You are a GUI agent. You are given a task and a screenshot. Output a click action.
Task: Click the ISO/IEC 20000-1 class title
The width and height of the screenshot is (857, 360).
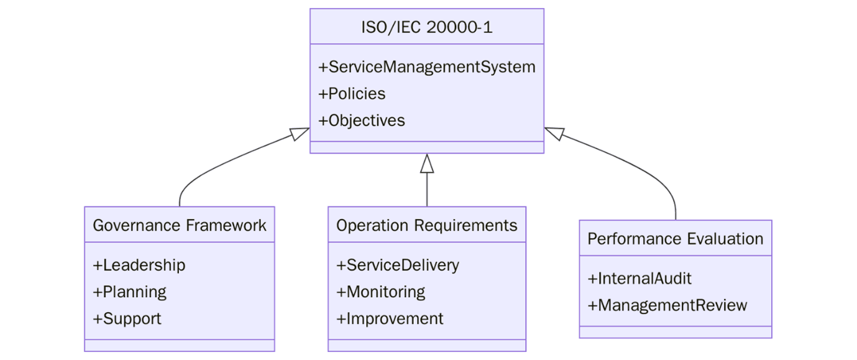(x=426, y=27)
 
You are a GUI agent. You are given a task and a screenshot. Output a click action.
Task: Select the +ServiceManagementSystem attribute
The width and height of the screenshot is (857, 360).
(x=426, y=67)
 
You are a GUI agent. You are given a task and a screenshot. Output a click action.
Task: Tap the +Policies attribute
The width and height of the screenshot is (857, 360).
(x=352, y=94)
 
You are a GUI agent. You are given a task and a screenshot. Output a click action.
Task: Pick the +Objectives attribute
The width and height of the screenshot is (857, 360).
(x=362, y=121)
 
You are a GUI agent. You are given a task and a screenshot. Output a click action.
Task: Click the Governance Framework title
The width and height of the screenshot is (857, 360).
(x=179, y=225)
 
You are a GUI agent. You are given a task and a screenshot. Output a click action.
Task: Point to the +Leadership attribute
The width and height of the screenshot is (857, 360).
(x=139, y=265)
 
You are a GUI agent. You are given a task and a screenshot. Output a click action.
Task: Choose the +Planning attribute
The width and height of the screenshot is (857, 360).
(x=130, y=292)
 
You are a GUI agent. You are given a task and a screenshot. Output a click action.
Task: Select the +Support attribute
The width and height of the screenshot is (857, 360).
(x=127, y=319)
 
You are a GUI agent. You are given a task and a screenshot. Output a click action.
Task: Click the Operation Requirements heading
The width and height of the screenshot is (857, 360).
(x=426, y=225)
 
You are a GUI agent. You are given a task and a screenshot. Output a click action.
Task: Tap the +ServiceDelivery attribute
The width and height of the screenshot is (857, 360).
(x=398, y=265)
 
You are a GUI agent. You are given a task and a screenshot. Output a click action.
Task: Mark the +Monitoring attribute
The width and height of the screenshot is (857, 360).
(x=381, y=292)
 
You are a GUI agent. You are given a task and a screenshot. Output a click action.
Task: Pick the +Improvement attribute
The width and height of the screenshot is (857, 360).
(x=390, y=319)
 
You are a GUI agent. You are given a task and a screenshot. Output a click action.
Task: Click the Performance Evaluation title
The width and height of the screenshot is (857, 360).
(x=675, y=239)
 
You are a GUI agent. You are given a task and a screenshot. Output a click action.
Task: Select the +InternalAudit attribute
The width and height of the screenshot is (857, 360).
(x=639, y=279)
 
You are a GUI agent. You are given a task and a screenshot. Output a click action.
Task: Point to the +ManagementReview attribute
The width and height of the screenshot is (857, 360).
(x=667, y=306)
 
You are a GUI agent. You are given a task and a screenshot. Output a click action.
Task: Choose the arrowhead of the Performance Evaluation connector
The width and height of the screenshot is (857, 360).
(x=553, y=132)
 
